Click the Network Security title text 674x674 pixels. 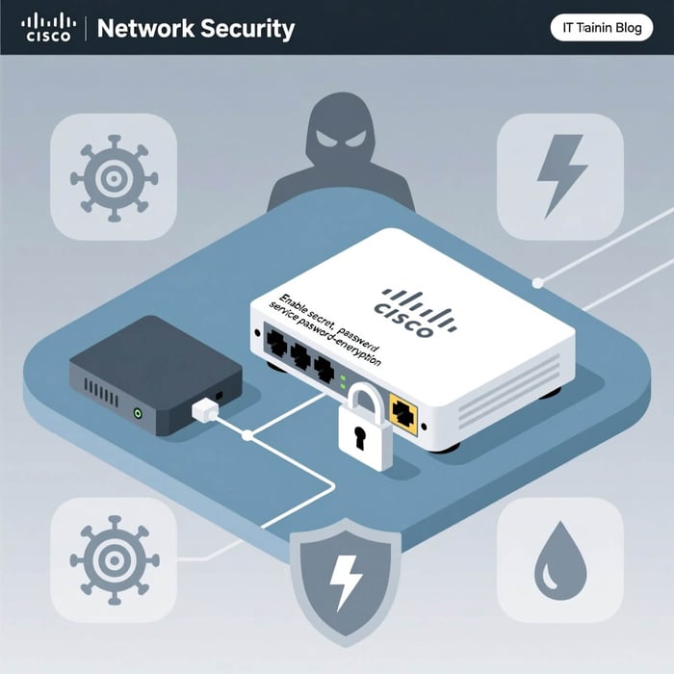pyautogui.click(x=195, y=28)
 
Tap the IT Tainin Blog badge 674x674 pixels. pyautogui.click(x=601, y=28)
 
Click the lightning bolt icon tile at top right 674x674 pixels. pyautogui.click(x=559, y=175)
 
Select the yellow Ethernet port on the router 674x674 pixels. pyautogui.click(x=403, y=415)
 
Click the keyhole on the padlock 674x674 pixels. pyautogui.click(x=357, y=439)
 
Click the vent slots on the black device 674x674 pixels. pyautogui.click(x=102, y=390)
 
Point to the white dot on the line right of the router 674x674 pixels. pyautogui.click(x=537, y=283)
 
